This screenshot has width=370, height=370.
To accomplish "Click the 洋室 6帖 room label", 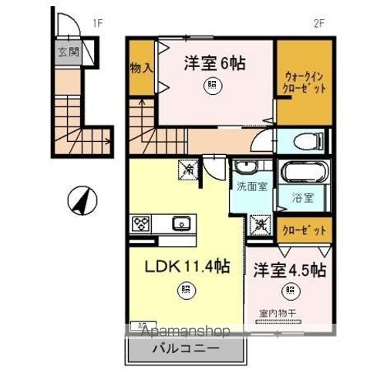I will coord(214,64).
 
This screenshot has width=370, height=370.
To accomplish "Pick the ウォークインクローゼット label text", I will coord(304,82).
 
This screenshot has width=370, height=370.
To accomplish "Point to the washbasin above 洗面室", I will coord(247,167).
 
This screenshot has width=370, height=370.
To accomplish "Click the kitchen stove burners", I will coord(142,224).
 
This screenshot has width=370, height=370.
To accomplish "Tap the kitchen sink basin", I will coord(184,224).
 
